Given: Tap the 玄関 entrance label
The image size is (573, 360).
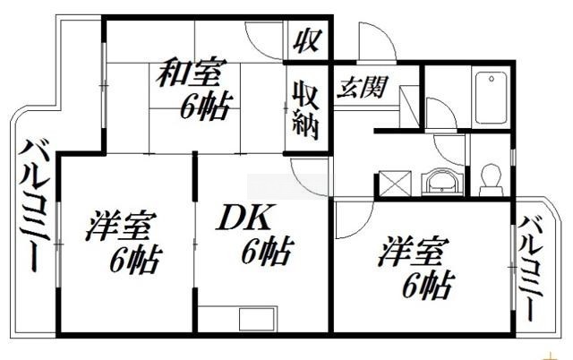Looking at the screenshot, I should (x=362, y=88).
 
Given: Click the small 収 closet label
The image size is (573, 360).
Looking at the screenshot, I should (x=307, y=40).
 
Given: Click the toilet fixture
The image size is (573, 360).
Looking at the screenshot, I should (x=491, y=179).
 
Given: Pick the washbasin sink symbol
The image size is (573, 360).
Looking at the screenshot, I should (x=441, y=183).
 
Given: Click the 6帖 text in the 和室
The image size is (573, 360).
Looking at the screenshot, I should (x=204, y=107).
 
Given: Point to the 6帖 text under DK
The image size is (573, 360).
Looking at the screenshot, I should (x=264, y=253).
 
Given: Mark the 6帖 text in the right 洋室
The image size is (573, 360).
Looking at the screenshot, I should (x=426, y=287).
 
